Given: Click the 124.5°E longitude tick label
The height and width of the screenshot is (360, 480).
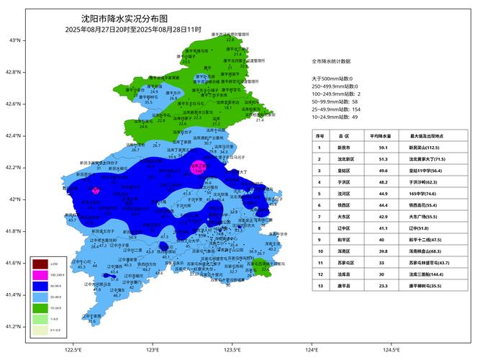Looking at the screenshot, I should pos(391,350).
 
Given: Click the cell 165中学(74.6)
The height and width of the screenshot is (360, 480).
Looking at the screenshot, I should pos(427,193).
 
